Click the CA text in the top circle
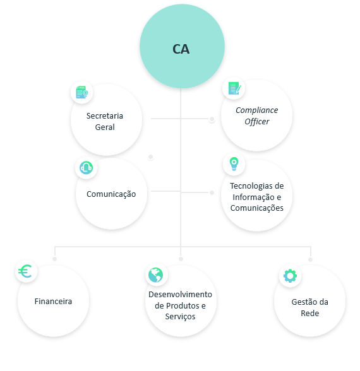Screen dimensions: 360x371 click(x=181, y=49)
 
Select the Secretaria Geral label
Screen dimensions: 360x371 click(x=105, y=121)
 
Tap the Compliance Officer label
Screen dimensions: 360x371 click(x=256, y=115)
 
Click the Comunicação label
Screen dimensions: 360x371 click(x=111, y=194)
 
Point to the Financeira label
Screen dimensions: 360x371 click(x=53, y=301)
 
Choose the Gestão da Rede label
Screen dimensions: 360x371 click(x=309, y=307)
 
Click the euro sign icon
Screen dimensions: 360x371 click(x=25, y=271)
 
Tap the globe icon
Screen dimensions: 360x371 click(x=155, y=275)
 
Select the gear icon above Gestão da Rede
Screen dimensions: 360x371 click(x=290, y=276)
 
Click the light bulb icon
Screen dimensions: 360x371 click(x=234, y=164)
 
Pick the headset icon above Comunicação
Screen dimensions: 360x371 click(x=86, y=168)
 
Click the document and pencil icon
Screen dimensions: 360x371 click(x=234, y=88)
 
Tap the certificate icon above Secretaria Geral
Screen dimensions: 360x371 click(x=82, y=92)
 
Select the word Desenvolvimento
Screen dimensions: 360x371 click(x=180, y=294)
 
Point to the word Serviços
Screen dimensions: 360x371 click(x=180, y=317)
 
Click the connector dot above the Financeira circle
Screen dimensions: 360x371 click(x=55, y=259)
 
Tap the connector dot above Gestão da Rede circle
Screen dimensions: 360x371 click(x=311, y=259)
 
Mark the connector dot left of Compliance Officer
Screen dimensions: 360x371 click(x=212, y=119)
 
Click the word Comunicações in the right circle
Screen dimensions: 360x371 click(x=256, y=208)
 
